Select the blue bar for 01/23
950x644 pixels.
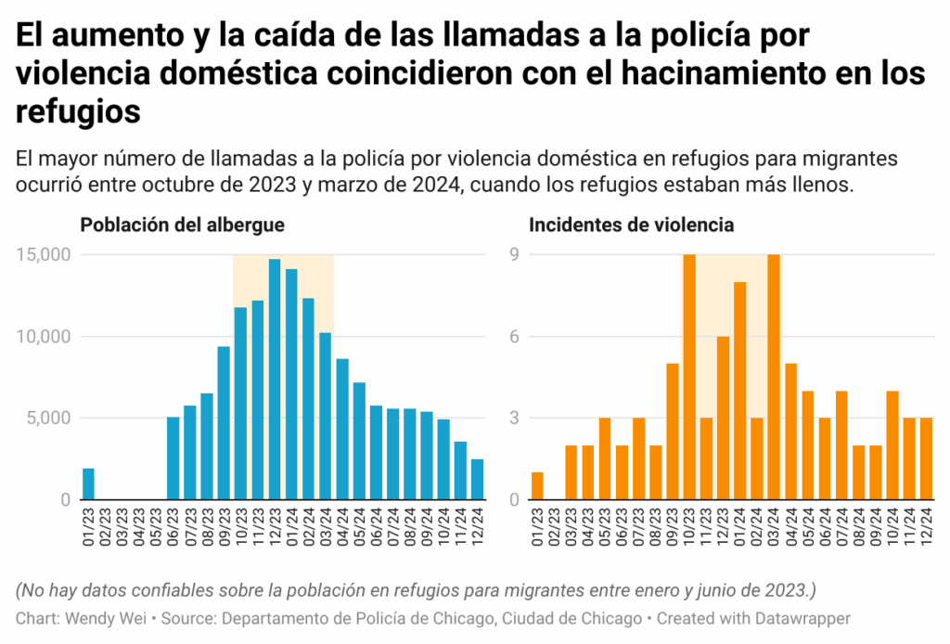point(88,483)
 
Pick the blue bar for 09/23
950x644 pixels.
point(224,422)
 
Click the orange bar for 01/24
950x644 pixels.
point(739,391)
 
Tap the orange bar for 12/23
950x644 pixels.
point(723,418)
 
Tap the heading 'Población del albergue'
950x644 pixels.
point(182,225)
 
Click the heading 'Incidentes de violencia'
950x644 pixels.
point(631,225)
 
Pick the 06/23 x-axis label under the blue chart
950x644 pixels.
point(173,525)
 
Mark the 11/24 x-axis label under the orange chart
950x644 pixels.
point(908,525)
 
